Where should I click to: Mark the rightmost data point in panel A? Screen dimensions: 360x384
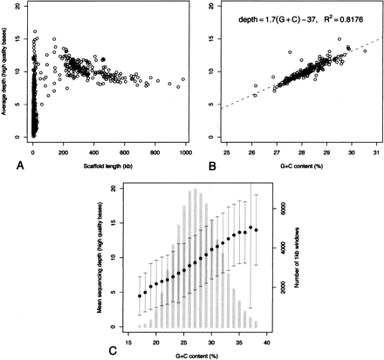pyautogui.click(x=182, y=79)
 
